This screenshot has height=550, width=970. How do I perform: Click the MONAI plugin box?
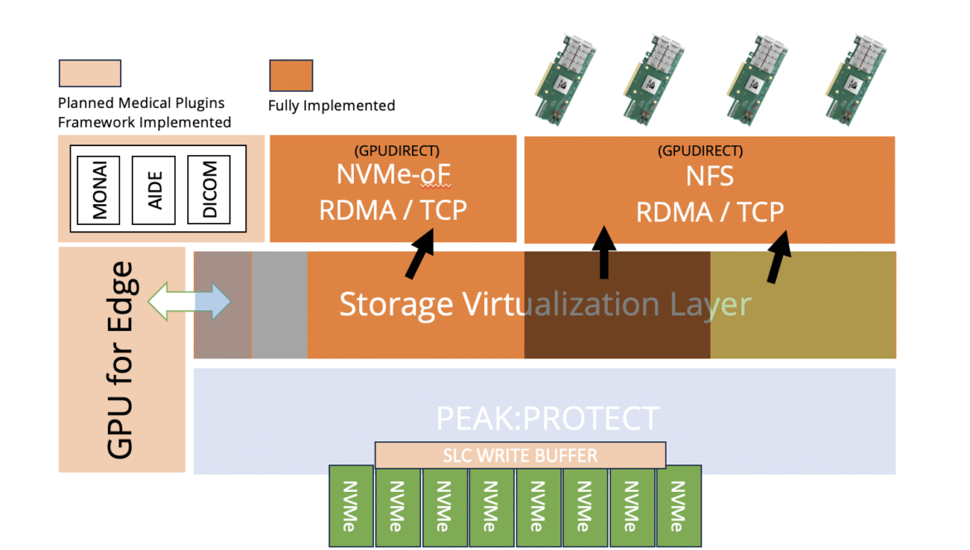[x=99, y=189]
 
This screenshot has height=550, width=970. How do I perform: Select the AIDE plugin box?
[x=153, y=189]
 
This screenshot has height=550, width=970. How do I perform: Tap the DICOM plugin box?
[x=209, y=189]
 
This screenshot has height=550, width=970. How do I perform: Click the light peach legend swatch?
[x=90, y=73]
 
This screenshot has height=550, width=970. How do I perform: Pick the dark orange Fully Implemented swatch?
[x=291, y=75]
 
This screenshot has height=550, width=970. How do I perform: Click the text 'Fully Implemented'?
[x=332, y=106]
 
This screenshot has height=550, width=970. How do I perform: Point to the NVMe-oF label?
[x=394, y=174]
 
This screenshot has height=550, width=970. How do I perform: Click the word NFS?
[x=710, y=177]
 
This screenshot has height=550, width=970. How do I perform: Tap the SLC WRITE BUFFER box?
[x=521, y=455]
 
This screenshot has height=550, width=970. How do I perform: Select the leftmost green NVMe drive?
[x=351, y=506]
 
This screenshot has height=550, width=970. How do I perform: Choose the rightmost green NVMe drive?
[x=679, y=506]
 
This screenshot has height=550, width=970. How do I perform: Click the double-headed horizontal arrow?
[x=189, y=301]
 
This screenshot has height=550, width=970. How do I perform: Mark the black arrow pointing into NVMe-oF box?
[x=420, y=254]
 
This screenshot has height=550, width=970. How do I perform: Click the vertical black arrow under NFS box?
[x=604, y=252]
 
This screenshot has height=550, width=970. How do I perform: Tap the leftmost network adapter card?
[x=565, y=79]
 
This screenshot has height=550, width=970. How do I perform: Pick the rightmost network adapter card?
[x=856, y=79]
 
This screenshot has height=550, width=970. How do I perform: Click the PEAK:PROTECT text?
[x=547, y=418]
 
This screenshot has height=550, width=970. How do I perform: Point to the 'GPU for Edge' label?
[x=120, y=360]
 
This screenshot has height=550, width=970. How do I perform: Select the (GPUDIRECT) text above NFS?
[x=701, y=150]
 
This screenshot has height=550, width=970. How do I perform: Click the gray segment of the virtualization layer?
[x=279, y=304]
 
